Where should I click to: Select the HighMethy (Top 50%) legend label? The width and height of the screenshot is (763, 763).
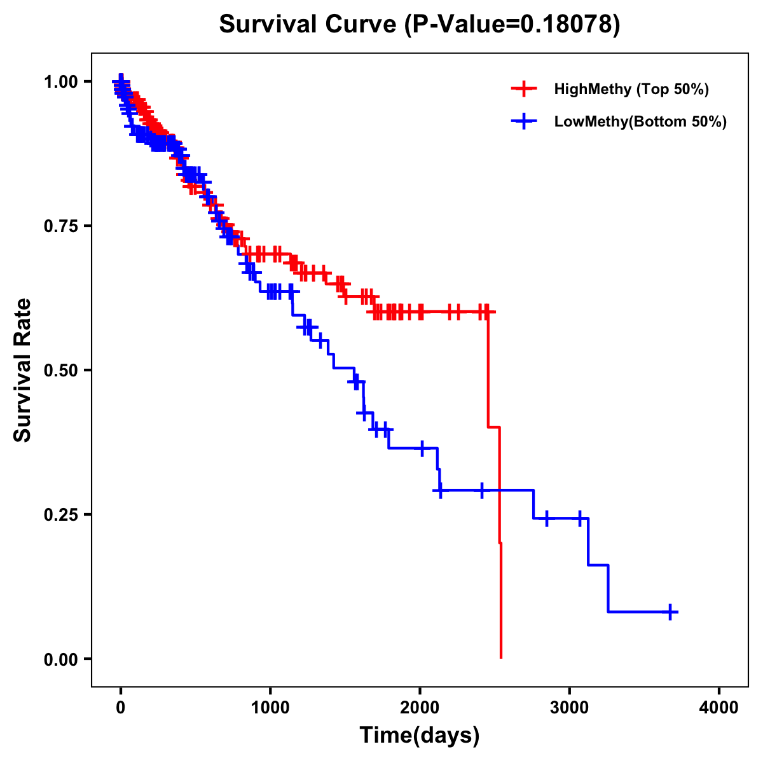(x=631, y=89)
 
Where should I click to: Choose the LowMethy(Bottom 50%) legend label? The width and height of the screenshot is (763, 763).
(x=640, y=122)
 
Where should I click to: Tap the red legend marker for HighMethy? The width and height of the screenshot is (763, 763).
(x=524, y=89)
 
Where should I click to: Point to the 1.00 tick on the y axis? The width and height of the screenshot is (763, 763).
(x=60, y=81)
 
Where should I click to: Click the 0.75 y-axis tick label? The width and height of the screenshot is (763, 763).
(x=60, y=226)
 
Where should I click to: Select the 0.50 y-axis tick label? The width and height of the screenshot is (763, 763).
(x=60, y=370)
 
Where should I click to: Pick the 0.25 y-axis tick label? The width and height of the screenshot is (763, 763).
(x=60, y=514)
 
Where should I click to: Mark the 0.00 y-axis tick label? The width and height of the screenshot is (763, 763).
(x=60, y=659)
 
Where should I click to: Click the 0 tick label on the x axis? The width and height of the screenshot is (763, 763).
(x=121, y=708)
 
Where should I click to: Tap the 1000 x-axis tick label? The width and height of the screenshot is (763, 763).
(x=270, y=708)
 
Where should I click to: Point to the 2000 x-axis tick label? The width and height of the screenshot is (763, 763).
(x=420, y=708)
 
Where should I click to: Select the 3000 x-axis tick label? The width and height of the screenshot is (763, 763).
(x=570, y=708)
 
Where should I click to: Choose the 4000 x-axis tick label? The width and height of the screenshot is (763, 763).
(x=719, y=708)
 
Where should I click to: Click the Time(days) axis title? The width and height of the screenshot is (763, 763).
(x=420, y=736)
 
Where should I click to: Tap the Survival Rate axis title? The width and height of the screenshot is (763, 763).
(x=23, y=370)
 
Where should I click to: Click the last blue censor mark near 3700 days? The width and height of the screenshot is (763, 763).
(x=670, y=612)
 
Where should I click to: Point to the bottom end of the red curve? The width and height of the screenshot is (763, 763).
(x=501, y=657)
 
